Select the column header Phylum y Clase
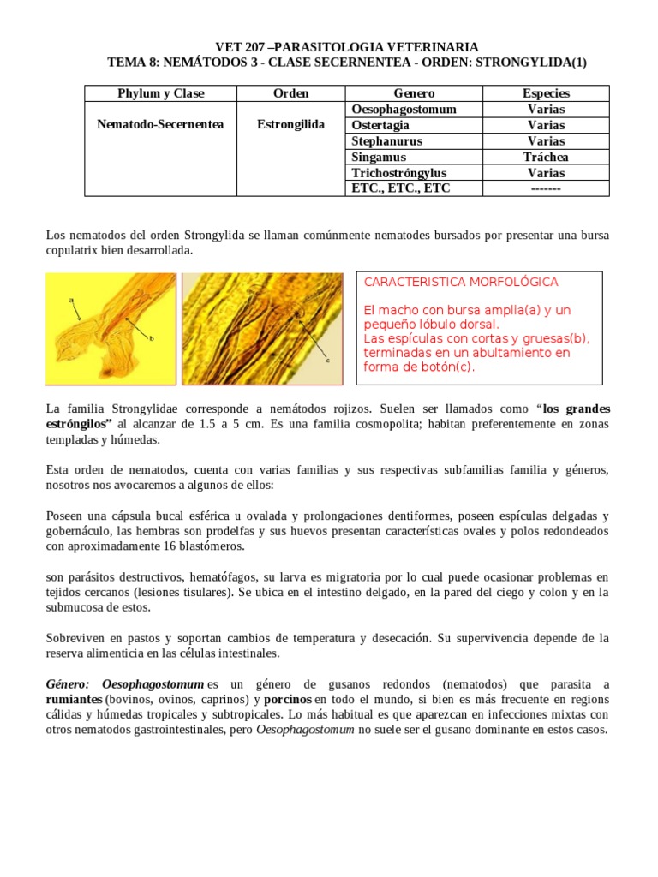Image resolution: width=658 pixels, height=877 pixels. point(160,93)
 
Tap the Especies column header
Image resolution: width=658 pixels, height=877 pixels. point(546,93)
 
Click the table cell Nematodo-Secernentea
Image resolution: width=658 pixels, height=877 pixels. point(160,125)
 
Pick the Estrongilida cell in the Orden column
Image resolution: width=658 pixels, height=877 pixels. point(290,125)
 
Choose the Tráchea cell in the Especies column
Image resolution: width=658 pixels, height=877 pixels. point(546,157)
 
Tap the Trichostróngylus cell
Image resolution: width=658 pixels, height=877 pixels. point(398,173)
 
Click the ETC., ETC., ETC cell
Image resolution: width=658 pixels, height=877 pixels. point(401,188)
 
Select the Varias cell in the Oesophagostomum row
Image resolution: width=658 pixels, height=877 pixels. point(546,110)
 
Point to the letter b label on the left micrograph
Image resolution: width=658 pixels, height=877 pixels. point(152,339)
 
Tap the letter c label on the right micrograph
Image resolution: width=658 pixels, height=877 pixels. point(326,361)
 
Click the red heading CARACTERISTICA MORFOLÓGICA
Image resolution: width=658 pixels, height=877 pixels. point(461,282)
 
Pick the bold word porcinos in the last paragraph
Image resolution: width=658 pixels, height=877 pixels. point(287,699)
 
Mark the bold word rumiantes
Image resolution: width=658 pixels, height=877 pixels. point(74,699)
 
